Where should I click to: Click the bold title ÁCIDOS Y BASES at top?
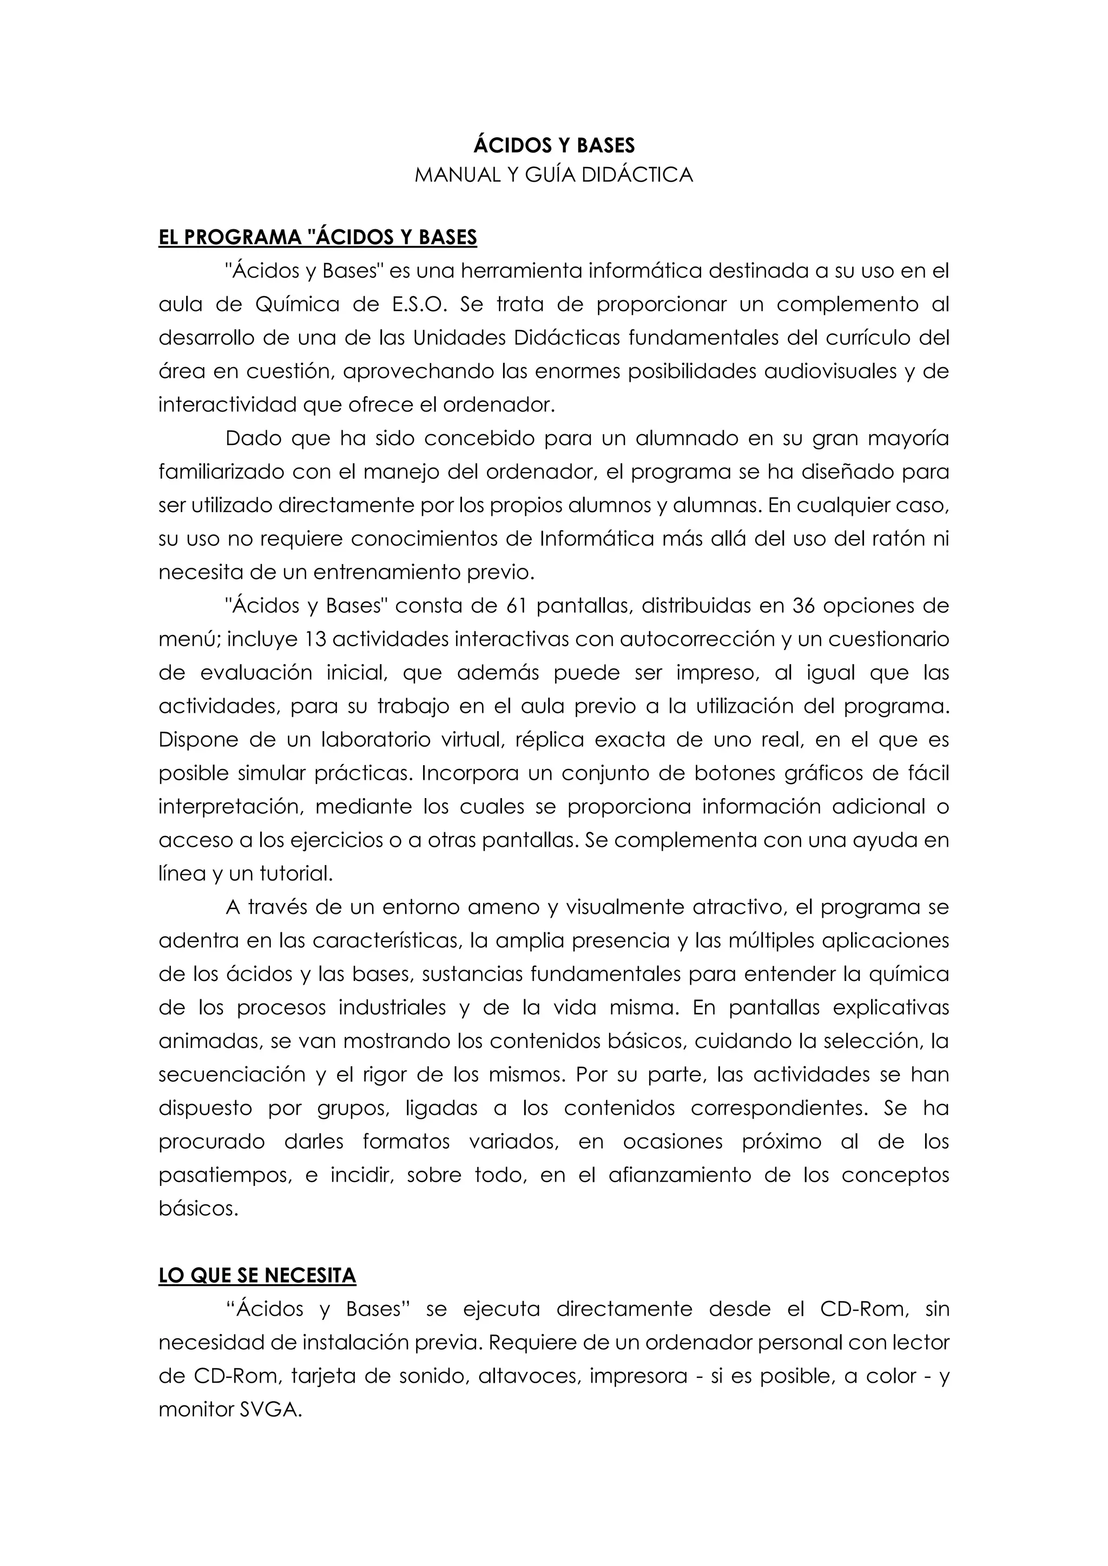[x=553, y=145]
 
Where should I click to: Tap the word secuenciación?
[x=232, y=1075]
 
